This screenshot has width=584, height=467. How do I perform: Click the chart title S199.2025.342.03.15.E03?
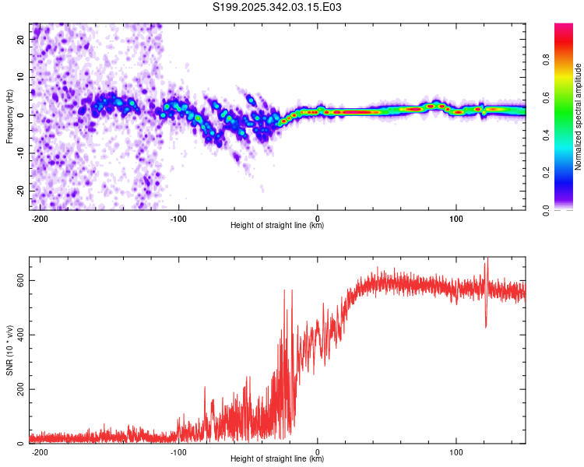pos(276,7)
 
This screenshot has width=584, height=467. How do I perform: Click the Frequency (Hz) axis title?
pos(9,117)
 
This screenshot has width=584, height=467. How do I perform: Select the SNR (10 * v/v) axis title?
pos(9,350)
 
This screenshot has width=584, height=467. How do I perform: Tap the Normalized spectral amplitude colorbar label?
pos(578,117)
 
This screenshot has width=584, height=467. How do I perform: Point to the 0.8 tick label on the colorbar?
pos(546,60)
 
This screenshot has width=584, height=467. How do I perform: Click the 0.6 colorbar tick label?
pos(546,97)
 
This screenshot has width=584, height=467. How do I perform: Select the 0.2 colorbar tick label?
pos(546,173)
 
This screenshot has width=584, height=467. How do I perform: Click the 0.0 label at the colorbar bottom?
pos(546,210)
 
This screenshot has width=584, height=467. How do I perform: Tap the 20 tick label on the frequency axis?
pos(20,39)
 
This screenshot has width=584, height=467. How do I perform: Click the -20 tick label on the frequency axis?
pos(20,191)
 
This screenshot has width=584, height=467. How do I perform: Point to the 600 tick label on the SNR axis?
pos(20,280)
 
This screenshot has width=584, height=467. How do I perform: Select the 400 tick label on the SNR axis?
pos(20,335)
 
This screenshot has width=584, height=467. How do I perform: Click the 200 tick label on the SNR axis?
pos(20,389)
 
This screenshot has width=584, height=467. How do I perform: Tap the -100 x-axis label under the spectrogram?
pos(178,219)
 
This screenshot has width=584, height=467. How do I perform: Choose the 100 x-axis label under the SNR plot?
pos(456,452)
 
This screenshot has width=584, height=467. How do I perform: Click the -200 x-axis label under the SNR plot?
pos(40,452)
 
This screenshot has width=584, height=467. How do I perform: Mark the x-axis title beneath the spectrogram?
pos(277,225)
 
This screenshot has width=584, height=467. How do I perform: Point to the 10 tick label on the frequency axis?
pos(20,77)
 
